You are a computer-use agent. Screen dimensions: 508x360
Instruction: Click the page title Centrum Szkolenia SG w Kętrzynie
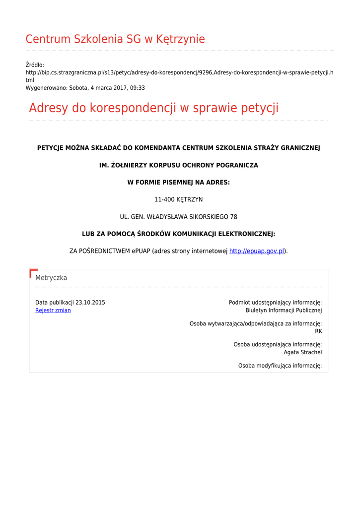[x=115, y=39]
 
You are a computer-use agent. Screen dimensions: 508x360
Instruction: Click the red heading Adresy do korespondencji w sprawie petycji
[x=153, y=108]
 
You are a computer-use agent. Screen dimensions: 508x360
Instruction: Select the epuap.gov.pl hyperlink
[x=257, y=251]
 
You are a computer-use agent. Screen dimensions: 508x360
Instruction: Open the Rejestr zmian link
[x=53, y=311]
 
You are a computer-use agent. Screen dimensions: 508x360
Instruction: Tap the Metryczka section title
[x=51, y=278]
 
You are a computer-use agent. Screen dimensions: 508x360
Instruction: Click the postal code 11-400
[x=164, y=199]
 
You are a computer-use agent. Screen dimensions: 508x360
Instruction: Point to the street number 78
[x=233, y=217]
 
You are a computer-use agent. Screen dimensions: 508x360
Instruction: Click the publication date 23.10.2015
[x=90, y=303]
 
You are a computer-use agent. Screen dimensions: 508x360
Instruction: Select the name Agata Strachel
[x=303, y=352]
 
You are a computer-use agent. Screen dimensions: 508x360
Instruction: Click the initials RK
[x=318, y=331]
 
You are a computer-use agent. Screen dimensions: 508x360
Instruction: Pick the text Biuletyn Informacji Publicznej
[x=284, y=311]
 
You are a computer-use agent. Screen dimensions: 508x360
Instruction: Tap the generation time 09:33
[x=138, y=88]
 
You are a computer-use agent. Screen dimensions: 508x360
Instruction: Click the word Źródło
[x=35, y=65]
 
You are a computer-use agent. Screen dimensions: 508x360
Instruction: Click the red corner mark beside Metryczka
[x=33, y=272]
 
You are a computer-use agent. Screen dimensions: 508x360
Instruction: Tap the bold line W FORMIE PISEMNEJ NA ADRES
[x=179, y=183]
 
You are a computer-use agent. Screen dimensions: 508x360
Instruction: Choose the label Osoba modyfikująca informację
[x=280, y=366]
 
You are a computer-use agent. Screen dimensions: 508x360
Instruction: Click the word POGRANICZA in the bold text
[x=235, y=165]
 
